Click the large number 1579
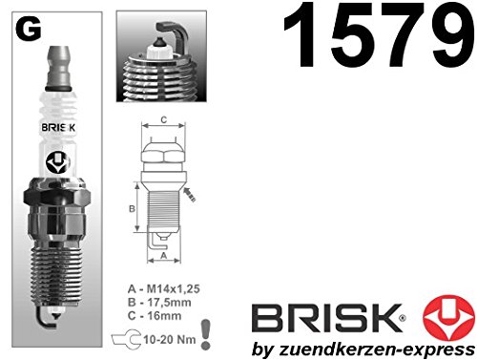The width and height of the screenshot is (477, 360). click(379, 34)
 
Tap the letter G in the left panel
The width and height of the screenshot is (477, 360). click(29, 29)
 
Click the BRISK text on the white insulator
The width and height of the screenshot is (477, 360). click(58, 128)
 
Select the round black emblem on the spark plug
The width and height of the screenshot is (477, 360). click(58, 162)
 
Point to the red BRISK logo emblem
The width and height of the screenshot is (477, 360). click(448, 318)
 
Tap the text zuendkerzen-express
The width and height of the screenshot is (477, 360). click(377, 349)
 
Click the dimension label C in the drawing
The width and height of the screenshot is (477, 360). click(163, 119)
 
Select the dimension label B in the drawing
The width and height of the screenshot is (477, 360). click(132, 209)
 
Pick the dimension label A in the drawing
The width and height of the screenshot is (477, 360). click(164, 255)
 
